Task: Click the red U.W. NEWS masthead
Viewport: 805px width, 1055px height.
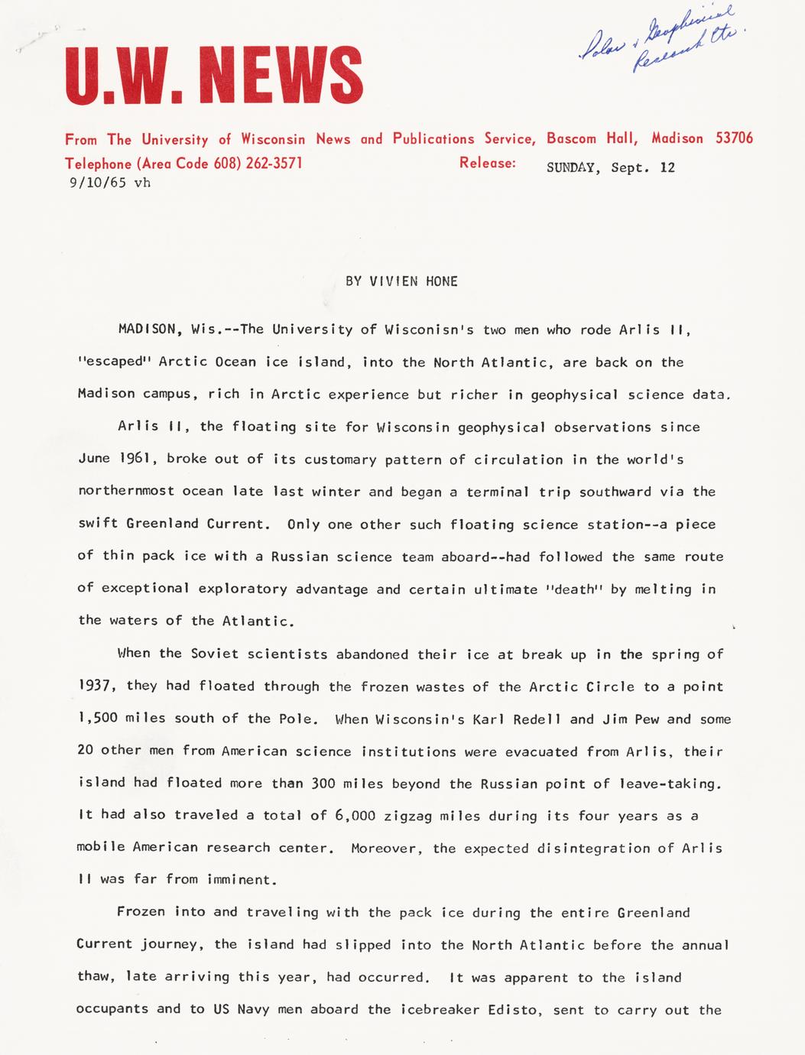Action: click(213, 75)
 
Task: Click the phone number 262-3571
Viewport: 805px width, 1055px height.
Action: click(274, 164)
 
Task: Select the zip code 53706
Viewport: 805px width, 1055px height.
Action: click(734, 138)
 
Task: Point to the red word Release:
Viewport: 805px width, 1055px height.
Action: click(488, 163)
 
